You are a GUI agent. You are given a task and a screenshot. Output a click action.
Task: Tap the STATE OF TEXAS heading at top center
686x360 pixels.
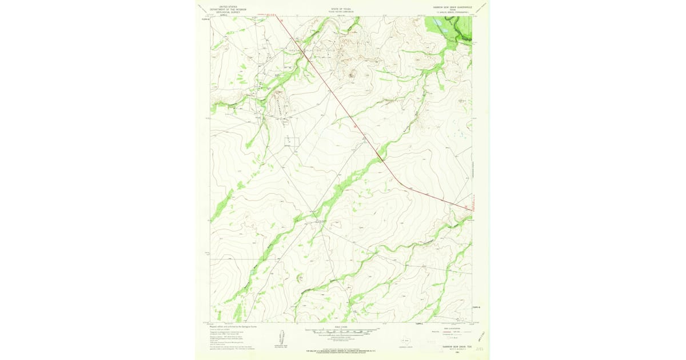(x=341, y=8)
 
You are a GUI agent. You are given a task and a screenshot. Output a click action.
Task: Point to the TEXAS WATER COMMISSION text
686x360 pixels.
(x=341, y=11)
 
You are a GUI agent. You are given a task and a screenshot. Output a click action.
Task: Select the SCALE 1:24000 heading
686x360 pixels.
(x=341, y=327)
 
